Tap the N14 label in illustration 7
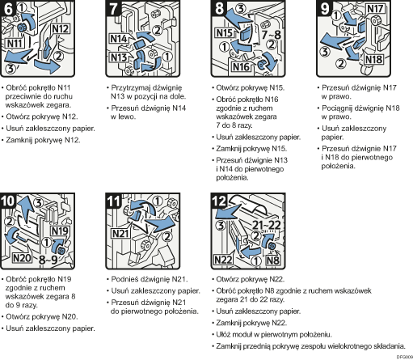click(119, 37)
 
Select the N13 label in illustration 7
click(119, 57)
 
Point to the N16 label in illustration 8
click(242, 66)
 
